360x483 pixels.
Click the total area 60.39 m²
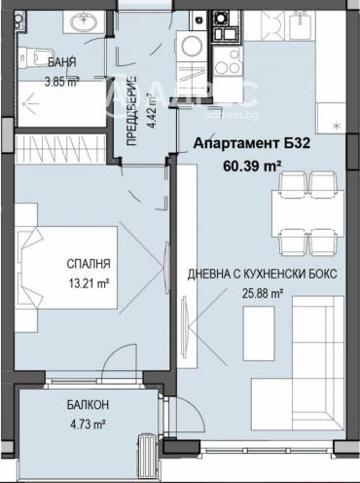pos(252,167)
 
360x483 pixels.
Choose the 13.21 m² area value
pos(89,285)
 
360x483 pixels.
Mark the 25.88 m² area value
pos(262,292)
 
